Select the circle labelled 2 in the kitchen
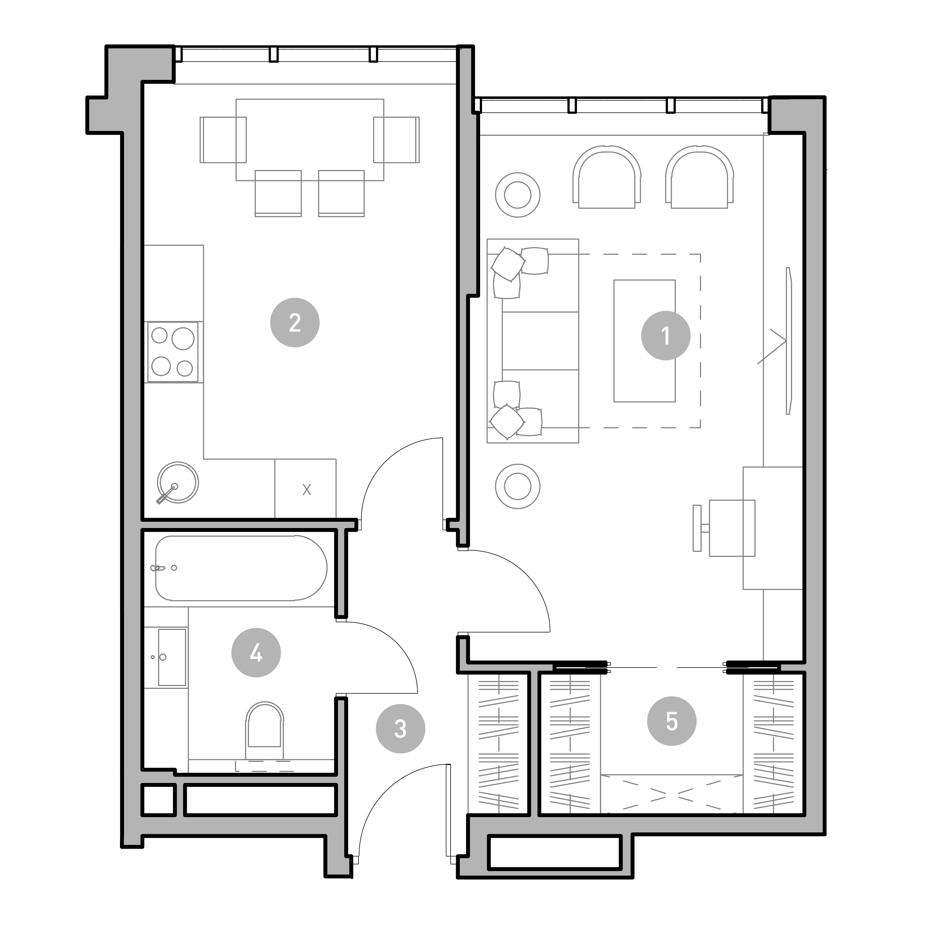click(295, 323)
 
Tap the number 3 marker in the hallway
click(400, 729)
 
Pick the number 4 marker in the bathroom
click(256, 652)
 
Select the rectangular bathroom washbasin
click(172, 657)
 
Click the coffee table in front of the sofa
click(644, 341)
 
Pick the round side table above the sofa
click(518, 195)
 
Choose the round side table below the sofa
click(518, 486)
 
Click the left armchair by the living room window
click(607, 177)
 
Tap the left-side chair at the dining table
click(223, 140)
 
